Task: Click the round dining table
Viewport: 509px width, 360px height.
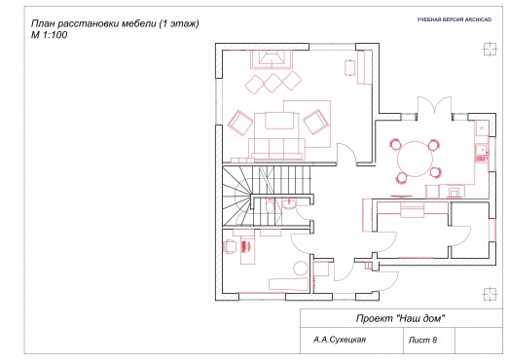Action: pyautogui.click(x=416, y=159)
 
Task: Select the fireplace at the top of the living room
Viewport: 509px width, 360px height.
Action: pyautogui.click(x=272, y=59)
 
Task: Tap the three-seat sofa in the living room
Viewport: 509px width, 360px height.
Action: pyautogui.click(x=277, y=148)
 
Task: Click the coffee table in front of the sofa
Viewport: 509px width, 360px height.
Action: pyautogui.click(x=279, y=121)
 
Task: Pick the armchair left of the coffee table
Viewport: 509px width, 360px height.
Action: pyautogui.click(x=240, y=123)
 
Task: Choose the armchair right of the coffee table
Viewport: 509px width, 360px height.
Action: pyautogui.click(x=314, y=122)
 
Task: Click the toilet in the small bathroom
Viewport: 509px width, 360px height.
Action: pyautogui.click(x=270, y=206)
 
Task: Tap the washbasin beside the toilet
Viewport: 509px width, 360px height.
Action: pyautogui.click(x=289, y=204)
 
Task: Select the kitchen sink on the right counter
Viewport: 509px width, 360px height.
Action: pyautogui.click(x=481, y=153)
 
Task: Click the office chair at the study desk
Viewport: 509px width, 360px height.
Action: pyautogui.click(x=229, y=246)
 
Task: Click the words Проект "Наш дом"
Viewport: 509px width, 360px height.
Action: pyautogui.click(x=400, y=318)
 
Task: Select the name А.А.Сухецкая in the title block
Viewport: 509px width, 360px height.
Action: pyautogui.click(x=340, y=340)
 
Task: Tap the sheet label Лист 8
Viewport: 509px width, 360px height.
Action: pyautogui.click(x=422, y=340)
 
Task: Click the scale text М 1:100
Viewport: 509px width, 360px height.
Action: pyautogui.click(x=49, y=35)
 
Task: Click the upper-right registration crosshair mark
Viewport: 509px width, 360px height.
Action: pyautogui.click(x=490, y=50)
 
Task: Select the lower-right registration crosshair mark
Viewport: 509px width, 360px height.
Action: pyautogui.click(x=490, y=295)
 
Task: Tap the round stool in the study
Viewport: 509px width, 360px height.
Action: pyautogui.click(x=301, y=269)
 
